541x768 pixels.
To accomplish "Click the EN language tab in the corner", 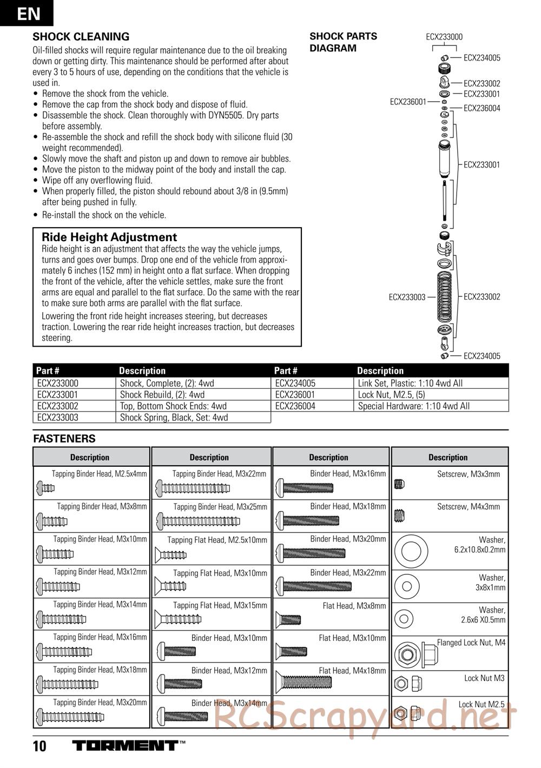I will point(27,13).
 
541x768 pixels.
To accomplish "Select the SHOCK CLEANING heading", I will point(81,37).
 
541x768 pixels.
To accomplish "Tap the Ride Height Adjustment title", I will point(109,237).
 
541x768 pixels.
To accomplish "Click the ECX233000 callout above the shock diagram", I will point(444,37).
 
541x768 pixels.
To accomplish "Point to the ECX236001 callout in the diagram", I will point(408,101).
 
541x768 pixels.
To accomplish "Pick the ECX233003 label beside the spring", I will point(407,297).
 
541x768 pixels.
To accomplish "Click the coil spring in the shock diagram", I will point(444,297).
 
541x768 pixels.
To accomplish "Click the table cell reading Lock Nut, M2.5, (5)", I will point(392,395).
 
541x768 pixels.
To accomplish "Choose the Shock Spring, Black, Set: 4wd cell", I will point(174,418).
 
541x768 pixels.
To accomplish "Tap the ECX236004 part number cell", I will point(295,406).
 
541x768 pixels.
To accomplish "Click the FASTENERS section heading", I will point(64,439).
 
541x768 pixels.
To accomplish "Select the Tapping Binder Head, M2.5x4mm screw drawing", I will point(45,488).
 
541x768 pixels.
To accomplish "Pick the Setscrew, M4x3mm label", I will point(468,507).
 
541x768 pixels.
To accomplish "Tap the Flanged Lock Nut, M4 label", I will point(471,643).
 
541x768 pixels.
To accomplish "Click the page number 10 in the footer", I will point(39,747).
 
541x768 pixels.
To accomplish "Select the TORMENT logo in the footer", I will point(125,746).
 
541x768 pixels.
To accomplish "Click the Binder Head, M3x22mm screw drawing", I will point(314,586).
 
